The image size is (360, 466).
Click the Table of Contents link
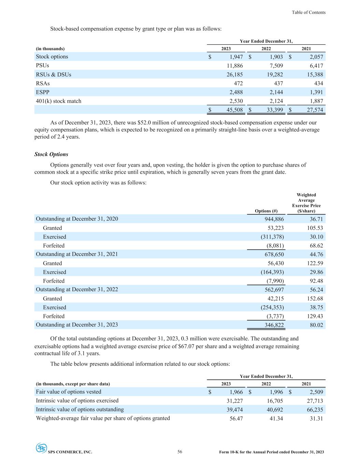[x=308, y=12]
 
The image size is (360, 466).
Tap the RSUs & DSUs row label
[x=54, y=74]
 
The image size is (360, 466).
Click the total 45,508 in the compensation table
[x=234, y=110]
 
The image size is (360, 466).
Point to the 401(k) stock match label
[x=59, y=101]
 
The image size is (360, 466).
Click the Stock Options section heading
[x=51, y=154]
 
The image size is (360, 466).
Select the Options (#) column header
[x=266, y=211]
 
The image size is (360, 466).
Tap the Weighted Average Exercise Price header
[x=306, y=203]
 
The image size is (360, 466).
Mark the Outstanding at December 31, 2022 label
[x=77, y=290]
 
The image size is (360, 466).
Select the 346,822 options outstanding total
[x=274, y=325]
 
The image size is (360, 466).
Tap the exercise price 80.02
[x=316, y=325]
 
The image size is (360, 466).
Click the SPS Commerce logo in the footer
[x=41, y=448]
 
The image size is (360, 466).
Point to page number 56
[x=180, y=452]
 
